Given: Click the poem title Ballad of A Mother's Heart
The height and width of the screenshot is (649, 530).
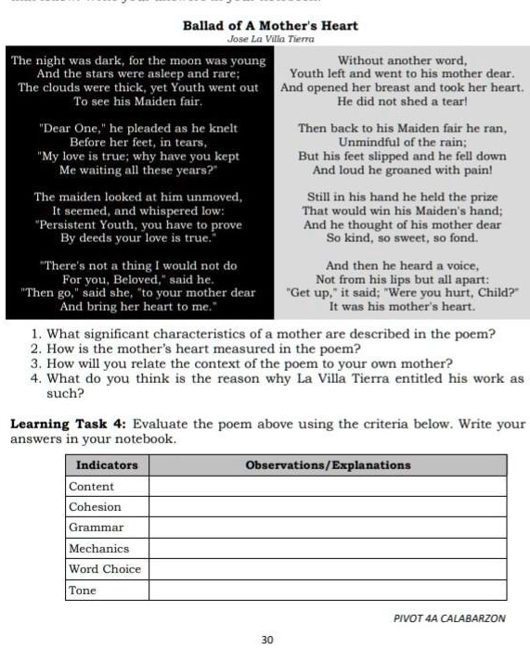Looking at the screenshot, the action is tap(270, 26).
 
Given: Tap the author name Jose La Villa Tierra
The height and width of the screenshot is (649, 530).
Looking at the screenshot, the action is tap(270, 39).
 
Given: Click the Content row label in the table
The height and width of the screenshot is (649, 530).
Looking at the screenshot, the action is tap(92, 486).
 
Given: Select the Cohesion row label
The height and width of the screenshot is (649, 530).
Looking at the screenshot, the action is tap(95, 506).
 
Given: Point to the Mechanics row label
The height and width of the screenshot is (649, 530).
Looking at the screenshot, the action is tap(99, 548).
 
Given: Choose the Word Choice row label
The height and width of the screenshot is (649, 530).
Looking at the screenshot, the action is tap(105, 568).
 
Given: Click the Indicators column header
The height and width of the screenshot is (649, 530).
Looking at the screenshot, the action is tap(107, 464).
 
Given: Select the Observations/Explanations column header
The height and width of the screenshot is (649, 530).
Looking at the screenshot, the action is tap(328, 464).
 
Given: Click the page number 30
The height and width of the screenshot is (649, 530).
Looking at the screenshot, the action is tap(267, 640).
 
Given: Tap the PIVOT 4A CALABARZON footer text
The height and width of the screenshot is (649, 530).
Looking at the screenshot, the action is tap(450, 617).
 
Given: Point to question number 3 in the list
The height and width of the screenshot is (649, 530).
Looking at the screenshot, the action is tap(35, 363).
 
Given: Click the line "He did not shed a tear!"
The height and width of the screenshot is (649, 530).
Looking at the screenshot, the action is tap(402, 100).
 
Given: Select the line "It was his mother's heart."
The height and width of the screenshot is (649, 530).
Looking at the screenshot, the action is tap(402, 305).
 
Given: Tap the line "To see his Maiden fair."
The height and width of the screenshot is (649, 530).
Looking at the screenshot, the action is tap(137, 100).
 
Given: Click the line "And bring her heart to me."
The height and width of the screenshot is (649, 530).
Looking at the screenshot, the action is tap(137, 305).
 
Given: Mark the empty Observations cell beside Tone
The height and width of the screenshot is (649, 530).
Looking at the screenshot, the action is tap(328, 590).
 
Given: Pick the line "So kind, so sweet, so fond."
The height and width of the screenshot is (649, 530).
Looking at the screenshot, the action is tap(402, 237).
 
